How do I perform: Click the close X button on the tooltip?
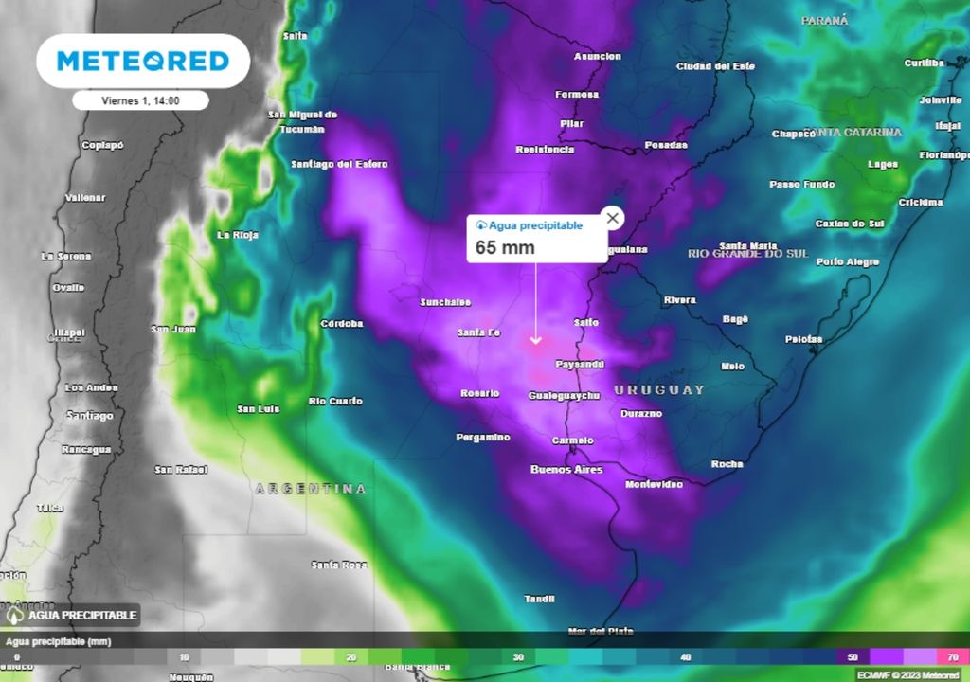[613, 219]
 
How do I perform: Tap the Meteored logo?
[143, 62]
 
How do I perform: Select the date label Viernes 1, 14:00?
[140, 100]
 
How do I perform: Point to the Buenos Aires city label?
[566, 470]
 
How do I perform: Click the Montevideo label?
[654, 484]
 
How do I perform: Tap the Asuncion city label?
[598, 57]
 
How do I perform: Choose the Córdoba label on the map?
[342, 323]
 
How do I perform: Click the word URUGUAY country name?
[659, 389]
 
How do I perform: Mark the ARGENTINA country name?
[311, 489]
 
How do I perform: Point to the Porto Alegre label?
[848, 261]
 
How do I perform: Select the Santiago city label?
[90, 415]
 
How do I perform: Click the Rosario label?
[479, 393]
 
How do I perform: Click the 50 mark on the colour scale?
[853, 656]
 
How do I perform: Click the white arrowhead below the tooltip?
[536, 339]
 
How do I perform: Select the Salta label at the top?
[296, 36]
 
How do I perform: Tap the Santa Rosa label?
[339, 565]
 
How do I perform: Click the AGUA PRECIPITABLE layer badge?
[72, 615]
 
